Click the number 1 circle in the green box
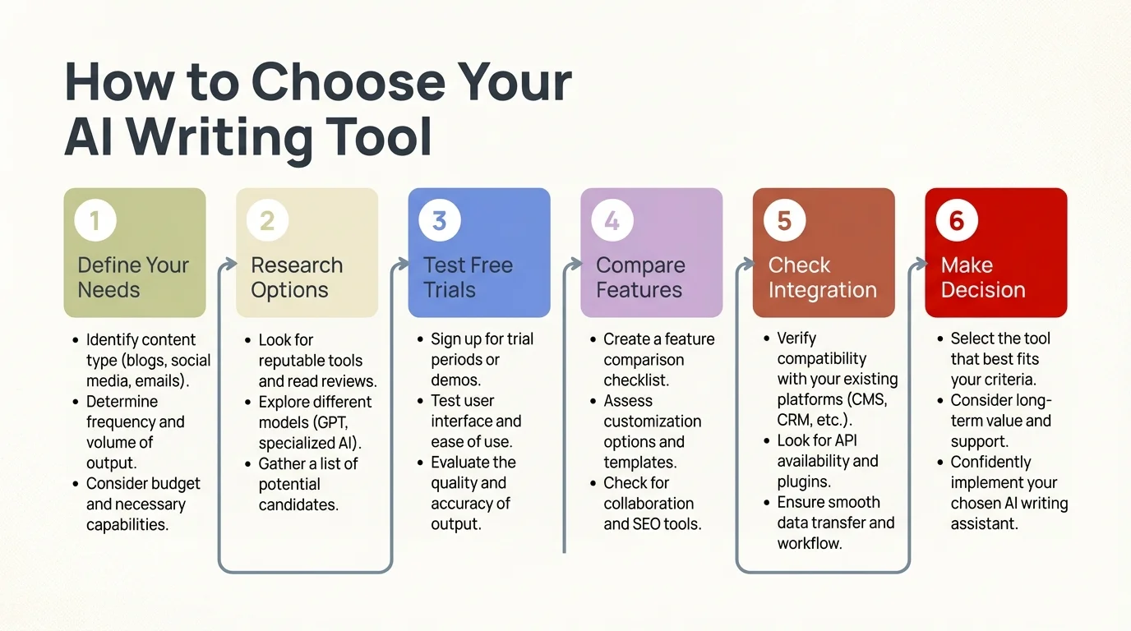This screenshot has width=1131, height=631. click(95, 221)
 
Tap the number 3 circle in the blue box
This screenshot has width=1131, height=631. click(440, 221)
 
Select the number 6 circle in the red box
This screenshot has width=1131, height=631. click(957, 221)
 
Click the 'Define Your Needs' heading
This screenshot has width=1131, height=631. click(133, 278)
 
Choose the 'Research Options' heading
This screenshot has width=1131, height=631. click(297, 278)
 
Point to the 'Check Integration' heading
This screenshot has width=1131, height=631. click(822, 278)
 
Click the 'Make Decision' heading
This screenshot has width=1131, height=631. click(983, 278)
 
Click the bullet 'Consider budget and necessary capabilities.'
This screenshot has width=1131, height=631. click(143, 504)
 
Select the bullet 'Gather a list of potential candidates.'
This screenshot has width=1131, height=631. click(307, 484)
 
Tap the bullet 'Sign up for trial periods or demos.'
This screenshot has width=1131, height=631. click(482, 360)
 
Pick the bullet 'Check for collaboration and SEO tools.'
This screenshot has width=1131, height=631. click(652, 503)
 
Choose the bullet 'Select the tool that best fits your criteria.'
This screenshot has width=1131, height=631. click(999, 359)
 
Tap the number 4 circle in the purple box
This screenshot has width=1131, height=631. click(612, 221)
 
